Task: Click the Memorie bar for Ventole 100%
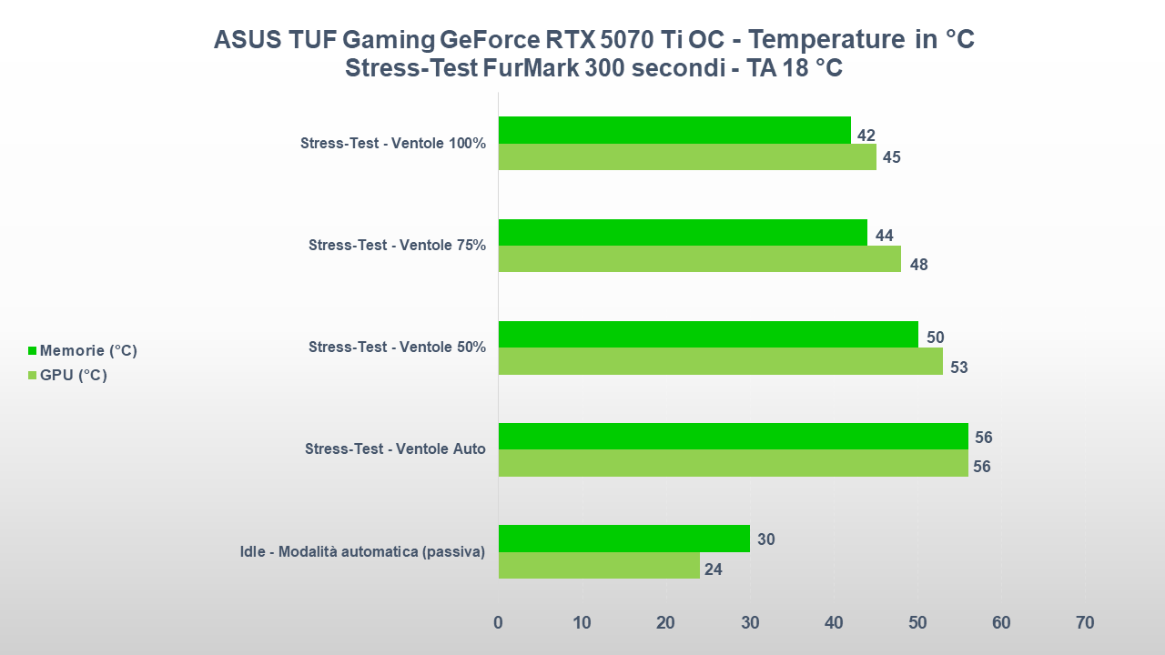click(x=674, y=130)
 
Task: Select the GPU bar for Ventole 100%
click(x=687, y=157)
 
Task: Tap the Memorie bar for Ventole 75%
click(x=683, y=233)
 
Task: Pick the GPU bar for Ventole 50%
click(x=720, y=361)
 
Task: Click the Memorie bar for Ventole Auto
click(x=733, y=437)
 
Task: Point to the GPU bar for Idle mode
click(x=599, y=566)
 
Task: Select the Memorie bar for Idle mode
click(x=623, y=539)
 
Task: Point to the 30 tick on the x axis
click(x=750, y=623)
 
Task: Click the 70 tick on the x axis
click(x=1085, y=623)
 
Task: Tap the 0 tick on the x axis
click(x=498, y=623)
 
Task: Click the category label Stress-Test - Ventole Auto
click(x=395, y=449)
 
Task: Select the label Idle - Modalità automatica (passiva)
click(x=362, y=551)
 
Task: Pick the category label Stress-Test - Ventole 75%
click(x=397, y=245)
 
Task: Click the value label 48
click(x=918, y=265)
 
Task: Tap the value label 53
click(x=958, y=368)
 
